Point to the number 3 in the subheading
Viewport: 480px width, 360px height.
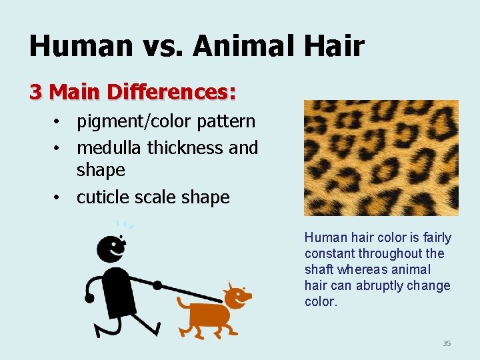pos(35,91)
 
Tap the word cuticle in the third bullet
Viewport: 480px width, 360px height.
pos(105,197)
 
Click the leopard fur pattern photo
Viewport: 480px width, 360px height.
pos(381,157)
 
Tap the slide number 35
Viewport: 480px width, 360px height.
pos(447,343)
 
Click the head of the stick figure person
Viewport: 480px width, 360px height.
pos(111,249)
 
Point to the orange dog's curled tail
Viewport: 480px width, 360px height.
pos(181,304)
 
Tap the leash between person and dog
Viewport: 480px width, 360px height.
pos(190,291)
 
